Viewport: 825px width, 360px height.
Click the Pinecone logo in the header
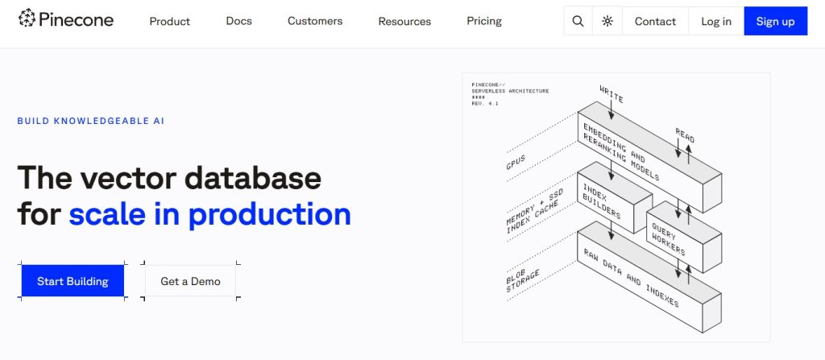click(66, 20)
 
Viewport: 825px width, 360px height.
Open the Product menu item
click(170, 22)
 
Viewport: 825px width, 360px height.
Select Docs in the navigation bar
click(238, 21)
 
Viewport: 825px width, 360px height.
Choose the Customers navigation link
click(315, 21)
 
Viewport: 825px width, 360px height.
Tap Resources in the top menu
click(404, 22)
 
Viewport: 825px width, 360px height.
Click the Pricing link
click(484, 21)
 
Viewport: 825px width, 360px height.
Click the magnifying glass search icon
click(578, 21)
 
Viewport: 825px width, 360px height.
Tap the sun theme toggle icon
click(607, 21)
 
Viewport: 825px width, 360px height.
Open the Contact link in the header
click(655, 21)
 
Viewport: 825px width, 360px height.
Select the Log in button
click(716, 21)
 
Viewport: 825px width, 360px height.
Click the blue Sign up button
click(776, 21)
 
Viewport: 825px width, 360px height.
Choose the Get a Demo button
click(190, 281)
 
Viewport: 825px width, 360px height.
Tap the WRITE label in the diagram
click(611, 93)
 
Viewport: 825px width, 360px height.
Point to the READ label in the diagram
click(685, 135)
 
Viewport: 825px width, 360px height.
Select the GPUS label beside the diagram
click(516, 163)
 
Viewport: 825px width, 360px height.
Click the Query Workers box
click(684, 237)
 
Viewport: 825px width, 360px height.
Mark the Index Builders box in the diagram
click(615, 197)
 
